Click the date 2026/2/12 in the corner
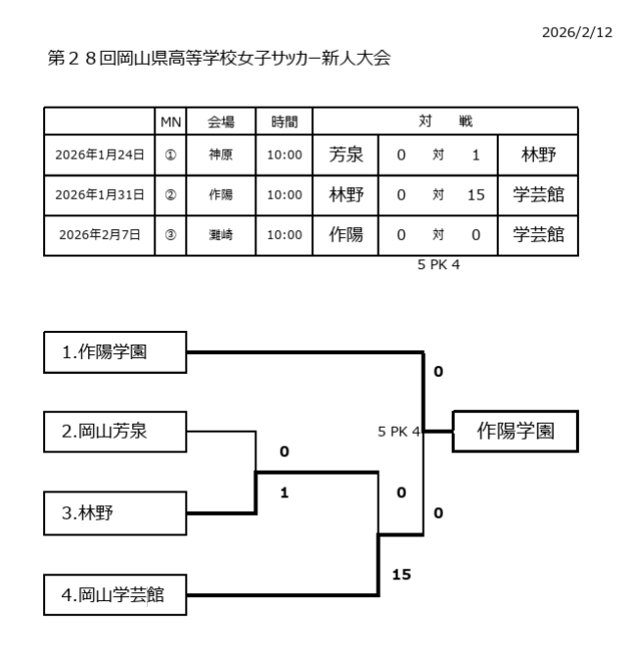click(x=576, y=32)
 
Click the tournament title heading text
click(x=219, y=59)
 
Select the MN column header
click(x=170, y=121)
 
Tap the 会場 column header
click(x=220, y=121)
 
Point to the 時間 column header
click(x=284, y=121)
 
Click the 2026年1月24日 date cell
click(x=100, y=154)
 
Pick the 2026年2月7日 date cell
click(x=100, y=234)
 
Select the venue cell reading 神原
click(x=220, y=154)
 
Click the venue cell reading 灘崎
click(x=220, y=234)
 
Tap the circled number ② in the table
click(x=170, y=194)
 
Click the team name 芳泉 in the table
click(x=345, y=154)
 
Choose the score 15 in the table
click(x=475, y=194)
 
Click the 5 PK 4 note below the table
click(x=438, y=263)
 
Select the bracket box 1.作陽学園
click(x=115, y=352)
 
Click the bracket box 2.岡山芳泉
click(x=115, y=431)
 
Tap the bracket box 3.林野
click(x=115, y=513)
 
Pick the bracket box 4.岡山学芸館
click(x=115, y=594)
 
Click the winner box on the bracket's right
click(x=515, y=431)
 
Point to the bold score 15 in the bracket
click(x=401, y=575)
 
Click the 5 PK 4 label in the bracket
click(x=399, y=431)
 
